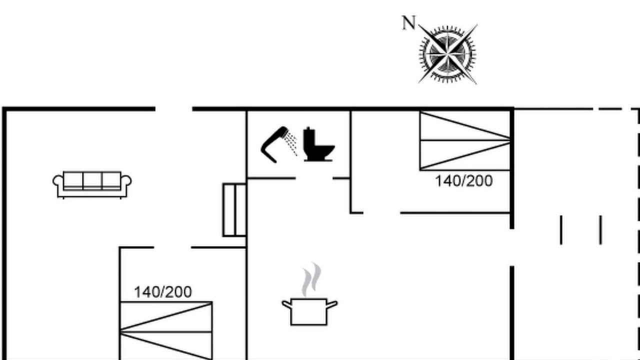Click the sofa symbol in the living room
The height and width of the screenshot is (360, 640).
pos(92,184)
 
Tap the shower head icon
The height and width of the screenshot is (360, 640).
pos(278,144)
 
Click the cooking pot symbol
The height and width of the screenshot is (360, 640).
pos(309,311)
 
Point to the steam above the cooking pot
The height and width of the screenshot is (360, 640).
pos(312,279)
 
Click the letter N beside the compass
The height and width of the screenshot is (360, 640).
pos(408,23)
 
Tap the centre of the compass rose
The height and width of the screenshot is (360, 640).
pos(447,54)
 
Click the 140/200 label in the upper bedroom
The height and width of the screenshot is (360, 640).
pos(463,181)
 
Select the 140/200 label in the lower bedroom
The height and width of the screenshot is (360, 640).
pos(163,292)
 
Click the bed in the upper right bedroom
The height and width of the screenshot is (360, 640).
pos(465,140)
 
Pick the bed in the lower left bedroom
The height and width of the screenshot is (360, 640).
pos(166,330)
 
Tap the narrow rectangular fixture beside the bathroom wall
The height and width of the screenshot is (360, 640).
pos(234,210)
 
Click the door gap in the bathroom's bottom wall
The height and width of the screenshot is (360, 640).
pos(314,178)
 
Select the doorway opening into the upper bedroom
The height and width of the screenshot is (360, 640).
pos(381,213)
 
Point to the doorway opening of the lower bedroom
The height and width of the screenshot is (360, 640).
pos(172,247)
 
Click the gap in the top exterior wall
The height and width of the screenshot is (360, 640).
pos(173,109)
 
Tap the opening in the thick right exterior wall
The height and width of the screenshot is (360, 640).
pos(512,247)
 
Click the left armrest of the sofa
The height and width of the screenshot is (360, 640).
pos(57,181)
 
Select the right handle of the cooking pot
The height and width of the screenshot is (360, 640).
pos(332,304)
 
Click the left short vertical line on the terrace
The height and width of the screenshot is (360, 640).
pos(561,230)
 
